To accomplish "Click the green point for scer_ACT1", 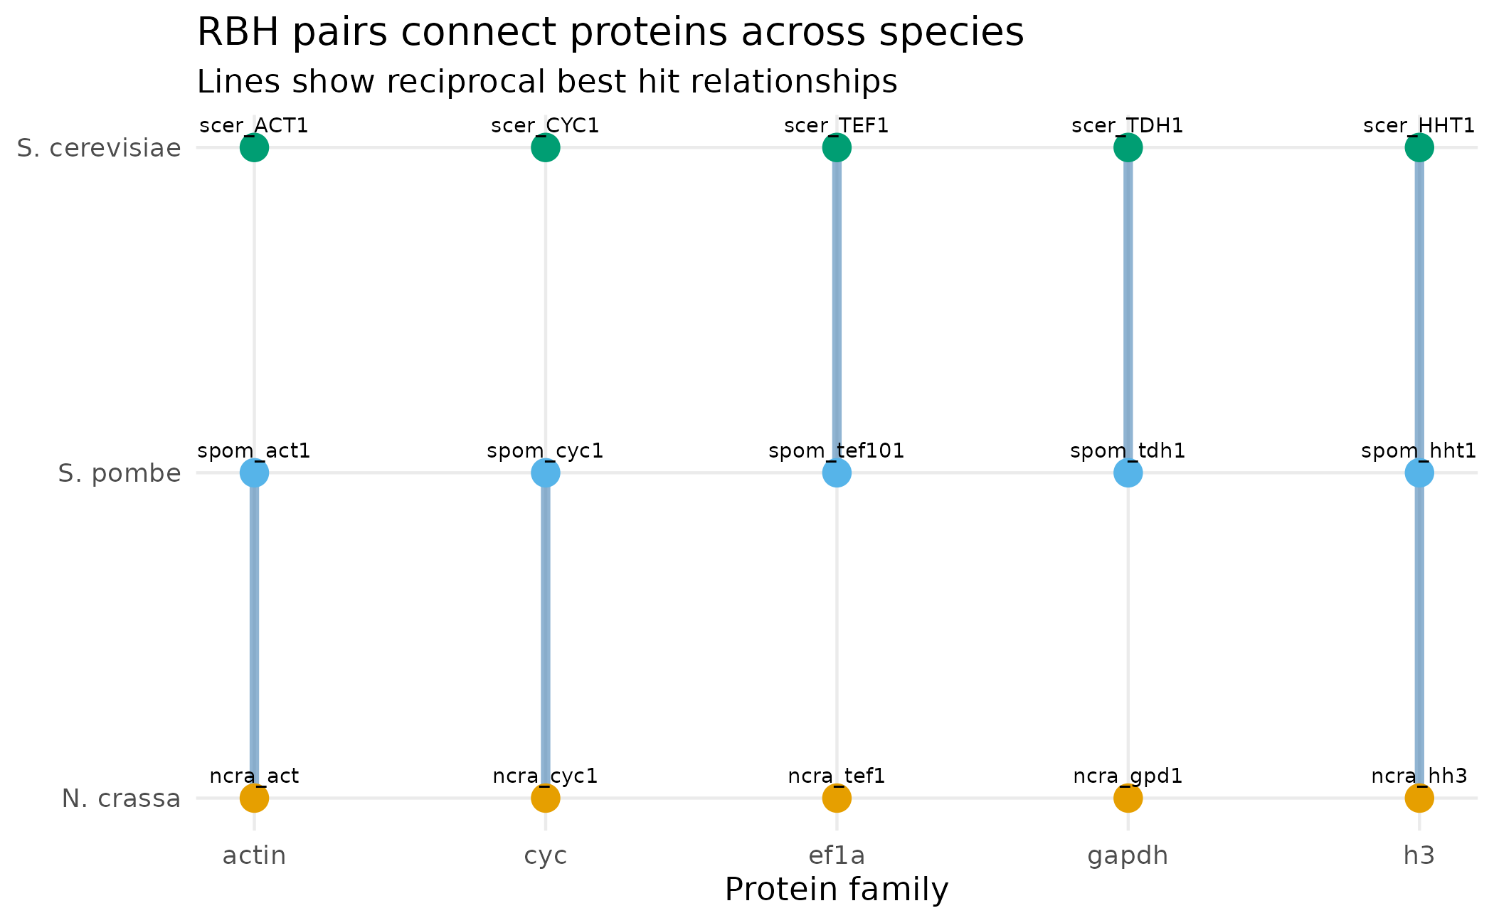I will point(254,148).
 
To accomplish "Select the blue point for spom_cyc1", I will point(546,473).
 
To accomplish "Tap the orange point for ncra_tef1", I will point(837,798).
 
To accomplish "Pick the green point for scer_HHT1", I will point(1419,148).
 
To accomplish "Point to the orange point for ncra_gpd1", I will point(1128,798).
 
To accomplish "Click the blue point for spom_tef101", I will point(837,473).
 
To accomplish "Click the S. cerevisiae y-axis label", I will point(99,149).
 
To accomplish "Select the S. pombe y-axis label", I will point(120,474).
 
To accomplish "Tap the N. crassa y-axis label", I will point(121,799).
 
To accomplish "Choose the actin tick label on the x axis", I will point(254,855).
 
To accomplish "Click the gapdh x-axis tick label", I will point(1128,855).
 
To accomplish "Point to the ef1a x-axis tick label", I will point(837,855).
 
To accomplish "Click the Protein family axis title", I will point(837,890).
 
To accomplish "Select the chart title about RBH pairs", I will point(610,33).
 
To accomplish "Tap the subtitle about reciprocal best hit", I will point(546,82).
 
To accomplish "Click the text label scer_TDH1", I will point(1128,126).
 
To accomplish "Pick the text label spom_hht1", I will point(1419,451).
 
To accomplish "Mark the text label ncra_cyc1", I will point(545,776).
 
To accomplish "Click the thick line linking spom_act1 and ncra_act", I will point(254,633).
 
